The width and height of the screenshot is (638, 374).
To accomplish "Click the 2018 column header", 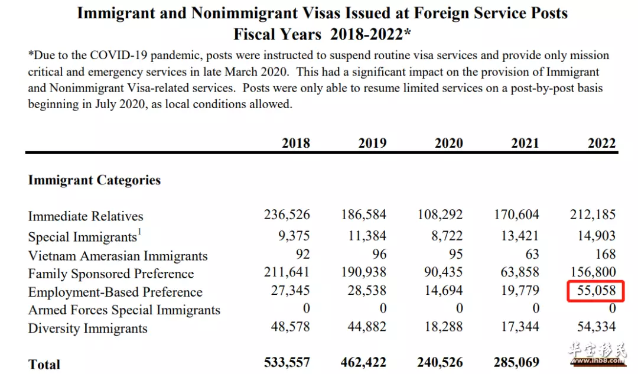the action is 296,143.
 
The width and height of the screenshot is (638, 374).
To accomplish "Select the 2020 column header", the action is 449,143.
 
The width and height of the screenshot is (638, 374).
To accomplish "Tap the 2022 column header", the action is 602,143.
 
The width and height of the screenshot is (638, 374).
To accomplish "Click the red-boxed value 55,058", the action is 596,291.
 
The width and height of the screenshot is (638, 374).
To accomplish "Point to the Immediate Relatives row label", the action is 86,216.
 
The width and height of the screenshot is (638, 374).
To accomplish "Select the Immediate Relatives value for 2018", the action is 287,214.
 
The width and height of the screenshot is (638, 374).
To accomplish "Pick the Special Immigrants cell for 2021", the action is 520,236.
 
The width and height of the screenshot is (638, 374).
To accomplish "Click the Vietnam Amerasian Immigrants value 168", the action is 605,254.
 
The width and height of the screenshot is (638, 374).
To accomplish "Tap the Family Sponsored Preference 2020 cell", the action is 443,272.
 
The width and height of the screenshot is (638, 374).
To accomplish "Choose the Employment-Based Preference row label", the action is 115,292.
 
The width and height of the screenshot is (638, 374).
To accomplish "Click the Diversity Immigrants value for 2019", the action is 367,326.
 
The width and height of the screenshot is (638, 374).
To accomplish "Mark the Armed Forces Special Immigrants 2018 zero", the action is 307,308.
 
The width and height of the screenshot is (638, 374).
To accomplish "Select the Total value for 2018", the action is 287,362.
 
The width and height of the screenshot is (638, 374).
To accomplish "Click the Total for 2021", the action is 516,362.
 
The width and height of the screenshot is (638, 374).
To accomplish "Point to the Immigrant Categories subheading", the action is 95,180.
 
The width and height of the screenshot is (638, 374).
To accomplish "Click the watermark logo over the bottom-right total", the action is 597,353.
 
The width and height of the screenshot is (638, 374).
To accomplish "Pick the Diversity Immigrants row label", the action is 87,329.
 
